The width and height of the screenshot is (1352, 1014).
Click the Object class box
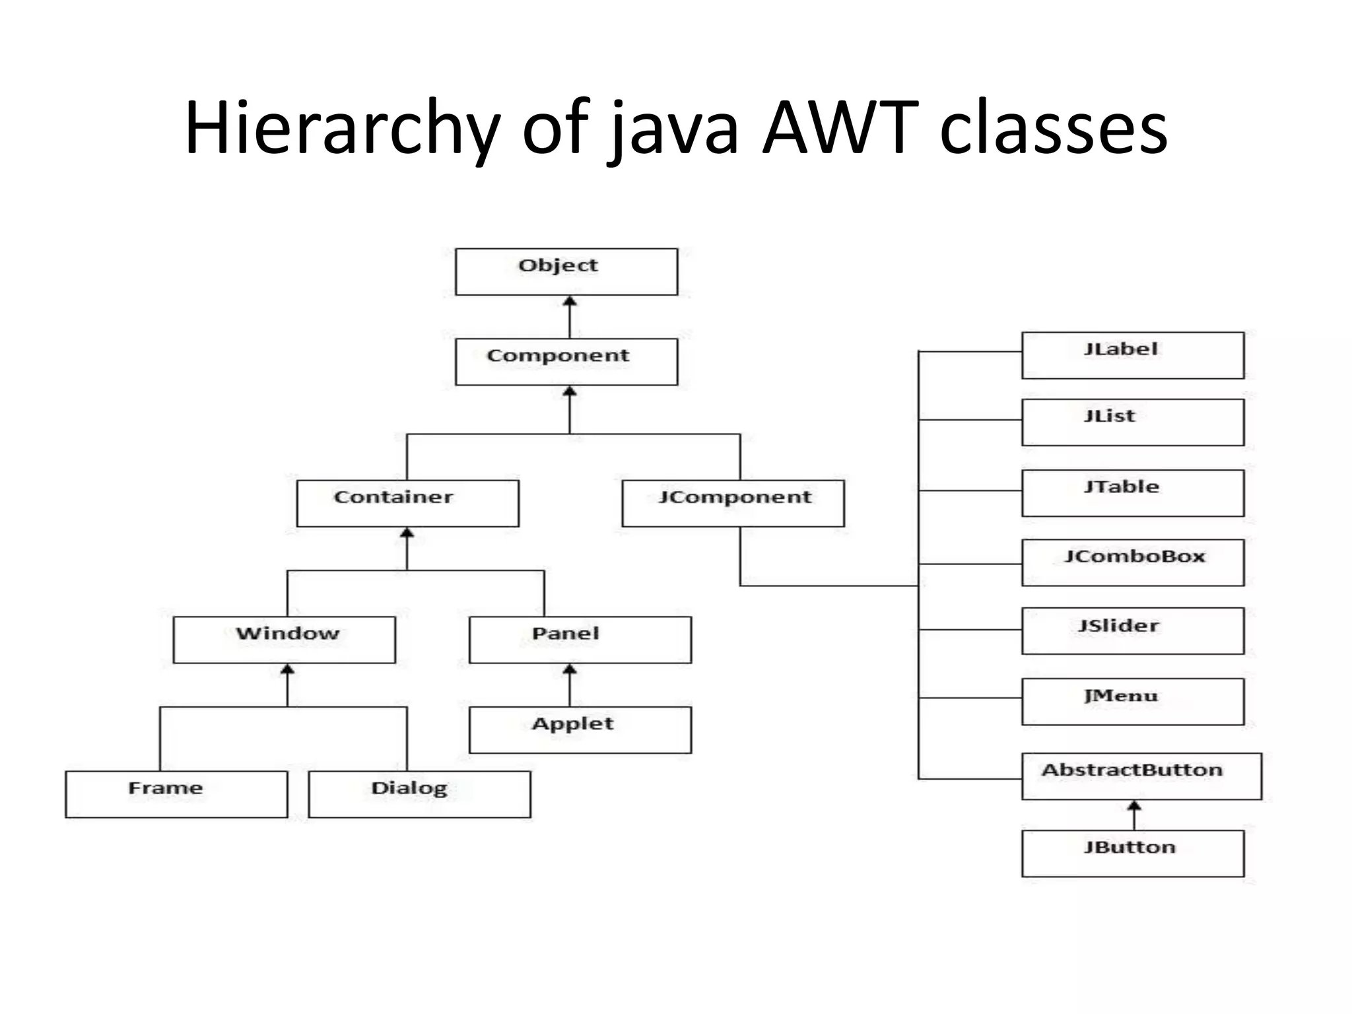(x=566, y=271)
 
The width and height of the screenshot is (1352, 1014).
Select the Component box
(x=566, y=362)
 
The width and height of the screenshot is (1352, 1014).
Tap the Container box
(x=408, y=503)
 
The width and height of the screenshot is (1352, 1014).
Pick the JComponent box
(x=733, y=503)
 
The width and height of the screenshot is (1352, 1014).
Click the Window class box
(x=285, y=640)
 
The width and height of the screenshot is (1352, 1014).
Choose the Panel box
(x=580, y=640)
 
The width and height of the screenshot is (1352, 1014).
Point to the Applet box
(x=580, y=729)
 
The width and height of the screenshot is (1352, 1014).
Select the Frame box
(x=176, y=794)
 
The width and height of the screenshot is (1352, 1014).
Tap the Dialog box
(x=419, y=794)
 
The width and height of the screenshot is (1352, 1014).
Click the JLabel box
(x=1133, y=355)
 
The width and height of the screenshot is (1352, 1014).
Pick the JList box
(x=1133, y=422)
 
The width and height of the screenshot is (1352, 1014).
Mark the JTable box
(x=1133, y=493)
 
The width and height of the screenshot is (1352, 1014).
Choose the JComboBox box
(x=1133, y=562)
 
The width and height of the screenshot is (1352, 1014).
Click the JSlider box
(x=1133, y=631)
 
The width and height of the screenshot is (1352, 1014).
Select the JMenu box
(x=1133, y=701)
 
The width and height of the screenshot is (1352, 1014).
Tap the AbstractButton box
(x=1141, y=776)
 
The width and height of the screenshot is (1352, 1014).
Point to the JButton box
(x=1133, y=853)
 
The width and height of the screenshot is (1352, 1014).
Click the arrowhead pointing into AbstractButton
(x=1134, y=807)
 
